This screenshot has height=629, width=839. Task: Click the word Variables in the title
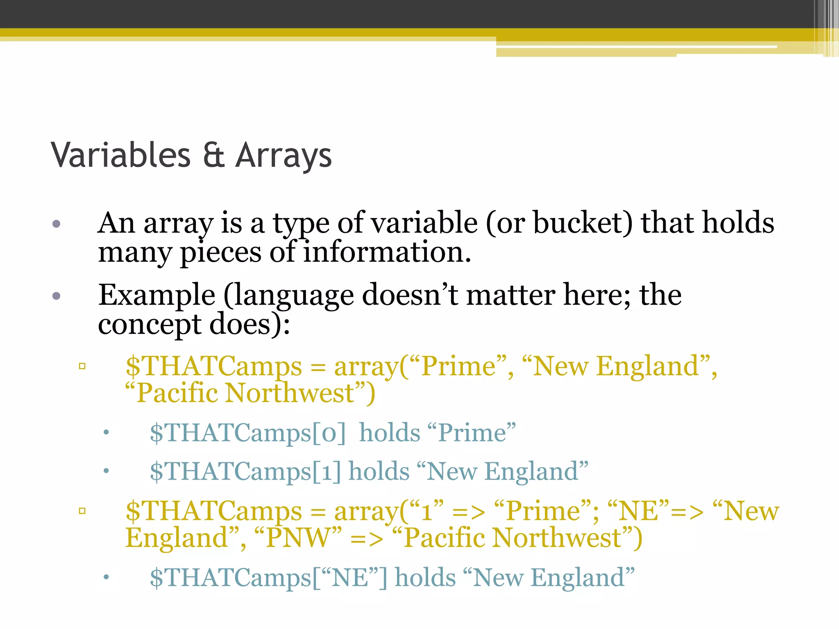pyautogui.click(x=121, y=155)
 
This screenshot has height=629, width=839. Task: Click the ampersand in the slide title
pyautogui.click(x=213, y=155)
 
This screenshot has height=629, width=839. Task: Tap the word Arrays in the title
pyautogui.click(x=283, y=156)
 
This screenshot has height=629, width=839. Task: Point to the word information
pyautogui.click(x=387, y=252)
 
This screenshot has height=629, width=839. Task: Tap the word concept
pyautogui.click(x=150, y=324)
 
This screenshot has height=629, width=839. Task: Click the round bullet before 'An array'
pyautogui.click(x=57, y=224)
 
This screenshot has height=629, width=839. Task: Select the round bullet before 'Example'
pyautogui.click(x=57, y=296)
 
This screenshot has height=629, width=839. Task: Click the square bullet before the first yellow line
pyautogui.click(x=82, y=366)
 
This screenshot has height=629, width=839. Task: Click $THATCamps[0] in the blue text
pyautogui.click(x=247, y=433)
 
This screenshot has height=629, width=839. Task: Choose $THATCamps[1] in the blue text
pyautogui.click(x=245, y=472)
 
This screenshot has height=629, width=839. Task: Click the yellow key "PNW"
pyautogui.click(x=298, y=538)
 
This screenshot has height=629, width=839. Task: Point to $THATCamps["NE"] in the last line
pyautogui.click(x=268, y=578)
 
